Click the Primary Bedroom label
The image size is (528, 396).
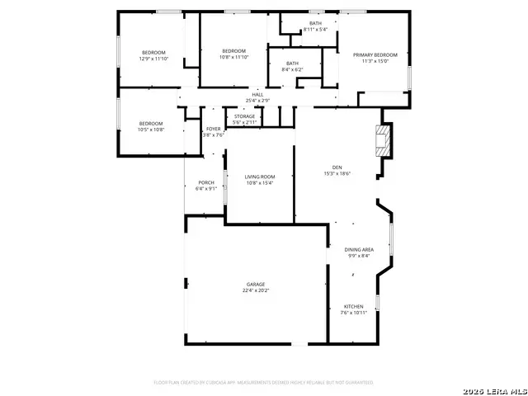[375, 55]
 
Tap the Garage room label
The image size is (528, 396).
[255, 285]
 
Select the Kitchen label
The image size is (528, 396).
[353, 307]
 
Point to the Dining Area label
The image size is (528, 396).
[359, 249]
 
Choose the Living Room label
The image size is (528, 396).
[260, 177]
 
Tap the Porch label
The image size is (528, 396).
[205, 182]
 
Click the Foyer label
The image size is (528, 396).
[214, 130]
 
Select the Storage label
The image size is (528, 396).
[244, 116]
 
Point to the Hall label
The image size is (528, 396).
[257, 95]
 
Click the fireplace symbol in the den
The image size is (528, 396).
[382, 139]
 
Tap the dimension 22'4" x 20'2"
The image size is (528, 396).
[255, 290]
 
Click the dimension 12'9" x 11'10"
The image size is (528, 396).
[153, 59]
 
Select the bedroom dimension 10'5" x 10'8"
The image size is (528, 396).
[151, 130]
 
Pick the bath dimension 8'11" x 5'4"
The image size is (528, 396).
[315, 30]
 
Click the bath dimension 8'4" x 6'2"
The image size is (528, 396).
[293, 69]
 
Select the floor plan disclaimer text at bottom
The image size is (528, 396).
[263, 383]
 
